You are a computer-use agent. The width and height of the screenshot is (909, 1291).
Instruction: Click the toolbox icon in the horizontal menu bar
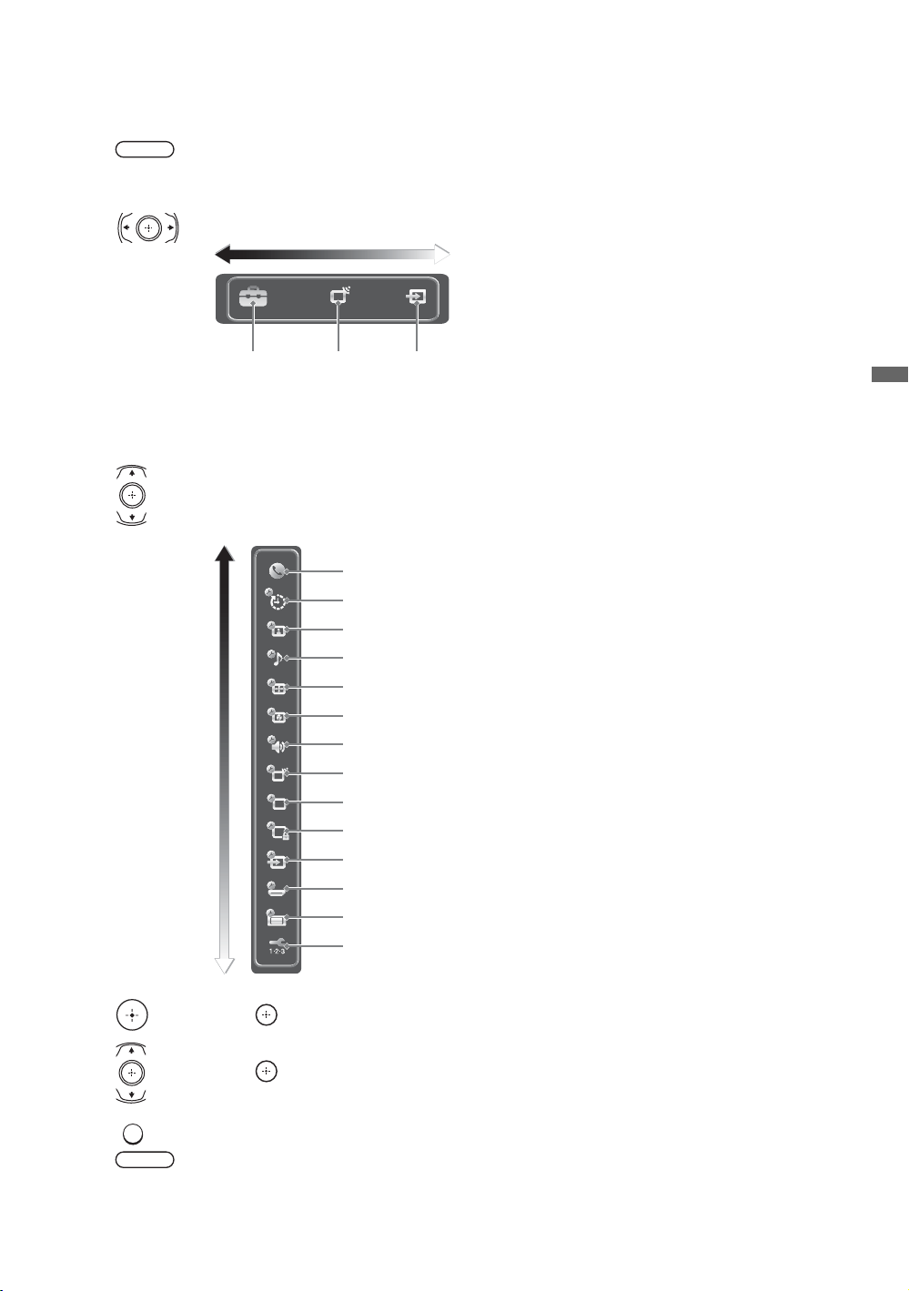point(253,298)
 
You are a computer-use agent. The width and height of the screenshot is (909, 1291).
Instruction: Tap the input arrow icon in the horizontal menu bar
point(416,297)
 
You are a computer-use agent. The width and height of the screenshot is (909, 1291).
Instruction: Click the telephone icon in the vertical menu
point(276,570)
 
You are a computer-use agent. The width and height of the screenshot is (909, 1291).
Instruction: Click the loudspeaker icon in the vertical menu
point(276,744)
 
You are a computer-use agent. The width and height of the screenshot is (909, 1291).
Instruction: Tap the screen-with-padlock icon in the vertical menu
point(278,831)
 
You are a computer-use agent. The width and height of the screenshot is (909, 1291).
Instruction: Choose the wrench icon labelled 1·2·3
point(278,946)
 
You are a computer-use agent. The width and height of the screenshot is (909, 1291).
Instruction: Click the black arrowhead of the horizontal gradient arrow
point(223,254)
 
